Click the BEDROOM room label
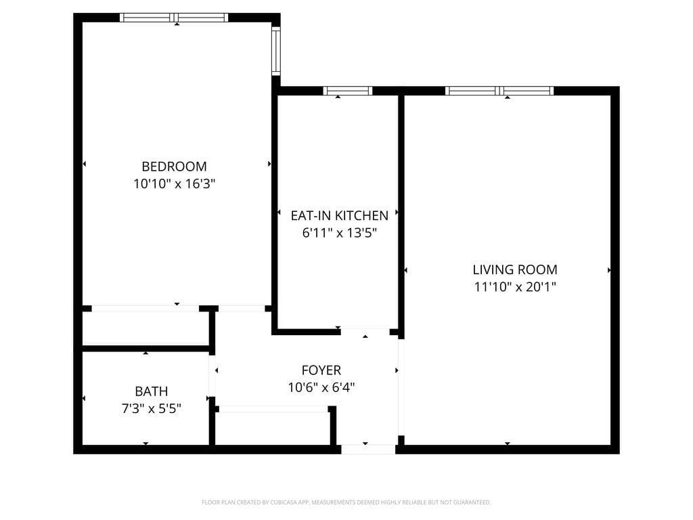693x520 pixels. click(x=174, y=166)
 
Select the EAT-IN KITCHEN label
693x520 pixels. click(x=339, y=215)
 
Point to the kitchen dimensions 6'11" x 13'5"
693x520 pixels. click(x=339, y=233)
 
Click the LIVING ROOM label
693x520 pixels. click(x=515, y=269)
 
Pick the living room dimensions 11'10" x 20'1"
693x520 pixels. click(x=515, y=286)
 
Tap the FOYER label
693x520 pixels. click(x=321, y=370)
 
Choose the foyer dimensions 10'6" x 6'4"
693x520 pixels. click(x=321, y=387)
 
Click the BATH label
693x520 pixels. click(x=151, y=391)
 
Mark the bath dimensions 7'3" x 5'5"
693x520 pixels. click(x=151, y=408)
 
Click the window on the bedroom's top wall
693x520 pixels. click(x=174, y=18)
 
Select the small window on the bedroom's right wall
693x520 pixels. click(x=275, y=51)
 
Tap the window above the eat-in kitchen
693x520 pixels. click(x=348, y=91)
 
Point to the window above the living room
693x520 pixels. click(x=499, y=91)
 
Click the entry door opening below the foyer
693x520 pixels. click(x=367, y=449)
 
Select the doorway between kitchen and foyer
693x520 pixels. click(x=365, y=332)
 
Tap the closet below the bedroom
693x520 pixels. click(x=146, y=329)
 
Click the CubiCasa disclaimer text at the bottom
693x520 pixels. click(x=346, y=502)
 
